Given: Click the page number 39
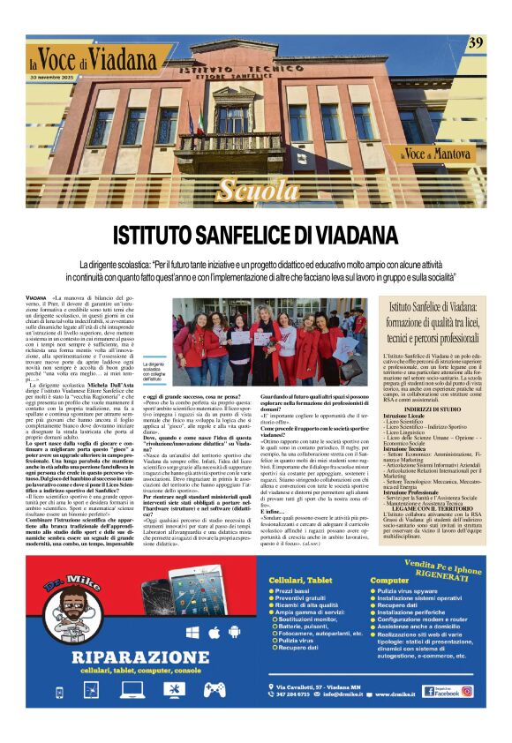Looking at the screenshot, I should point(475,42).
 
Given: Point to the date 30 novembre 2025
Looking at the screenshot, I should point(54,78).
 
